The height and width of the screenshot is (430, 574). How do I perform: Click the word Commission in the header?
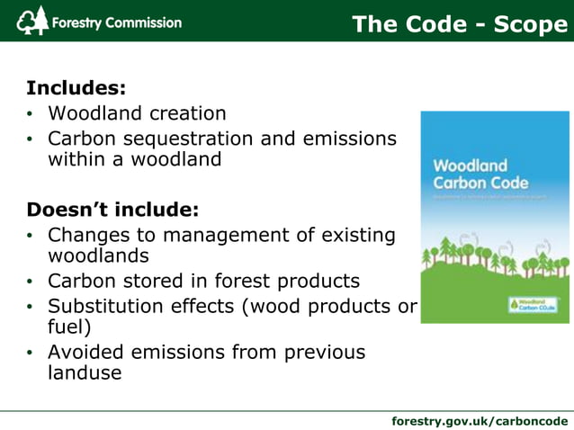click(x=142, y=22)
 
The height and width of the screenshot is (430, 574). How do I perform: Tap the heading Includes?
click(x=76, y=88)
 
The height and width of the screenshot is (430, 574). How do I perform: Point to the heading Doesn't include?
click(x=112, y=210)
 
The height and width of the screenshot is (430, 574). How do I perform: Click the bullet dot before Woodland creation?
click(x=30, y=114)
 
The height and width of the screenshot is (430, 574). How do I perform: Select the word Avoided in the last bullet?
click(x=87, y=352)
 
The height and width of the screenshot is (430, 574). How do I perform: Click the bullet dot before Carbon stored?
click(x=30, y=282)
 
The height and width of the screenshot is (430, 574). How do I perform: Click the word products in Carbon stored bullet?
click(x=316, y=281)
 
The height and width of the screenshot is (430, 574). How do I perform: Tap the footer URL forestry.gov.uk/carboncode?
click(x=480, y=420)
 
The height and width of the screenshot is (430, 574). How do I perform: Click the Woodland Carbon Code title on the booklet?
click(x=471, y=174)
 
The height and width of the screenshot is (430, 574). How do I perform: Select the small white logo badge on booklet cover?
click(x=533, y=303)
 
